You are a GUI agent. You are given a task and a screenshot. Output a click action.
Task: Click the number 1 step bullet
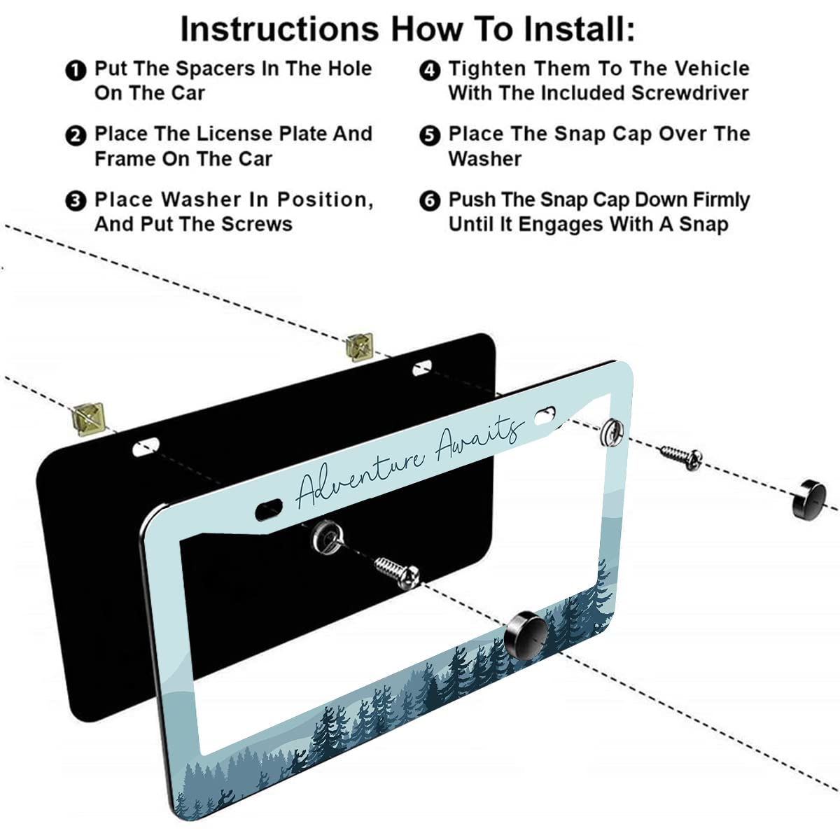pos(74,70)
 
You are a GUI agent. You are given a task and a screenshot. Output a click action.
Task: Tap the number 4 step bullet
pos(429,70)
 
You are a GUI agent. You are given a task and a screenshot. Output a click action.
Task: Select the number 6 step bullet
pos(429,202)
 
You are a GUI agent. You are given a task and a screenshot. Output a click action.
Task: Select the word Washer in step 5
pos(484,159)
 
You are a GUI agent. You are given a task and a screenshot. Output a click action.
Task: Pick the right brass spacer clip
pos(360,346)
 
